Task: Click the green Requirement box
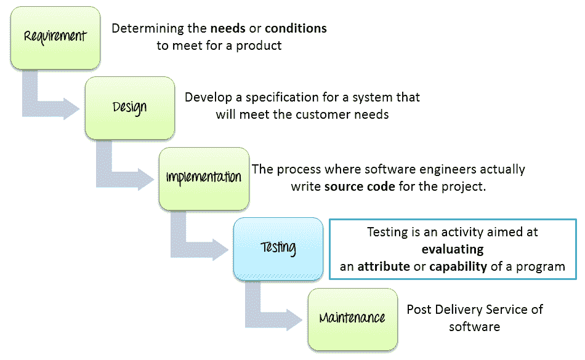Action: [x=55, y=38]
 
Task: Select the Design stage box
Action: [x=130, y=108]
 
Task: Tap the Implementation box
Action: [x=204, y=179]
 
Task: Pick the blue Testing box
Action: [x=278, y=249]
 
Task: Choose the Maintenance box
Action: [x=353, y=319]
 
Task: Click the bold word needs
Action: [x=228, y=28]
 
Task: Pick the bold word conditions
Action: [x=296, y=28]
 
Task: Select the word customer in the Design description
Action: [x=323, y=114]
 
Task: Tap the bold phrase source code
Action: [x=360, y=186]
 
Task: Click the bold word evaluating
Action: [x=453, y=249]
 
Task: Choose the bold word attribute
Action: [x=384, y=266]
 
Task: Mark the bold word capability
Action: [x=458, y=267]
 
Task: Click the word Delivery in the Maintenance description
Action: [x=459, y=310]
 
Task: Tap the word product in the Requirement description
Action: [x=259, y=46]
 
